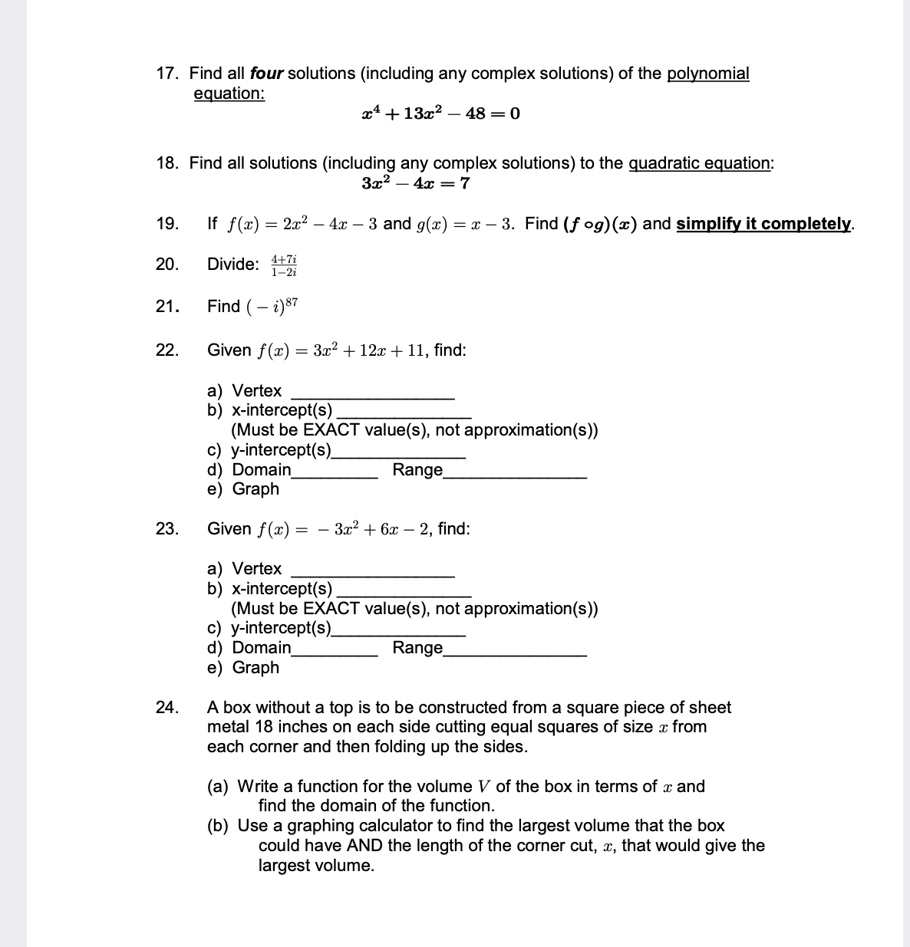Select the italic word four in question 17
(x=266, y=74)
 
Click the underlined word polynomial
(x=707, y=74)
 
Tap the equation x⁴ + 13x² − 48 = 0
(x=440, y=114)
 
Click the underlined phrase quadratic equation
(x=699, y=163)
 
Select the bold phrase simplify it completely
(x=763, y=224)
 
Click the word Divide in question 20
(x=232, y=265)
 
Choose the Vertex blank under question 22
(x=372, y=392)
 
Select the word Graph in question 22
(x=256, y=489)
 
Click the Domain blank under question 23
(x=335, y=649)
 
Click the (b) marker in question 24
(x=218, y=826)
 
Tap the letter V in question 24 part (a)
(x=483, y=787)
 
